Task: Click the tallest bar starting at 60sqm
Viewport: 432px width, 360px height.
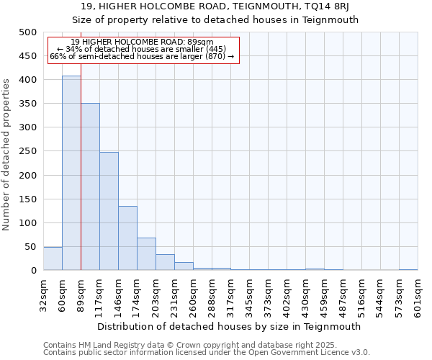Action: (x=71, y=173)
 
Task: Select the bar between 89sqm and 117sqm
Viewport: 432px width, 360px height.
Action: (x=90, y=186)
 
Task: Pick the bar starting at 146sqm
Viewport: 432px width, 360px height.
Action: (x=127, y=238)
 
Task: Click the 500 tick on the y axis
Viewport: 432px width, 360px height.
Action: (x=28, y=32)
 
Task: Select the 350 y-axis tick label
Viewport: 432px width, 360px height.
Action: (x=28, y=104)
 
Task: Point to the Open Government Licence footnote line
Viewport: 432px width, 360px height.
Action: (x=207, y=353)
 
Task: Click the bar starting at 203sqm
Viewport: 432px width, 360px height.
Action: (x=165, y=262)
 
